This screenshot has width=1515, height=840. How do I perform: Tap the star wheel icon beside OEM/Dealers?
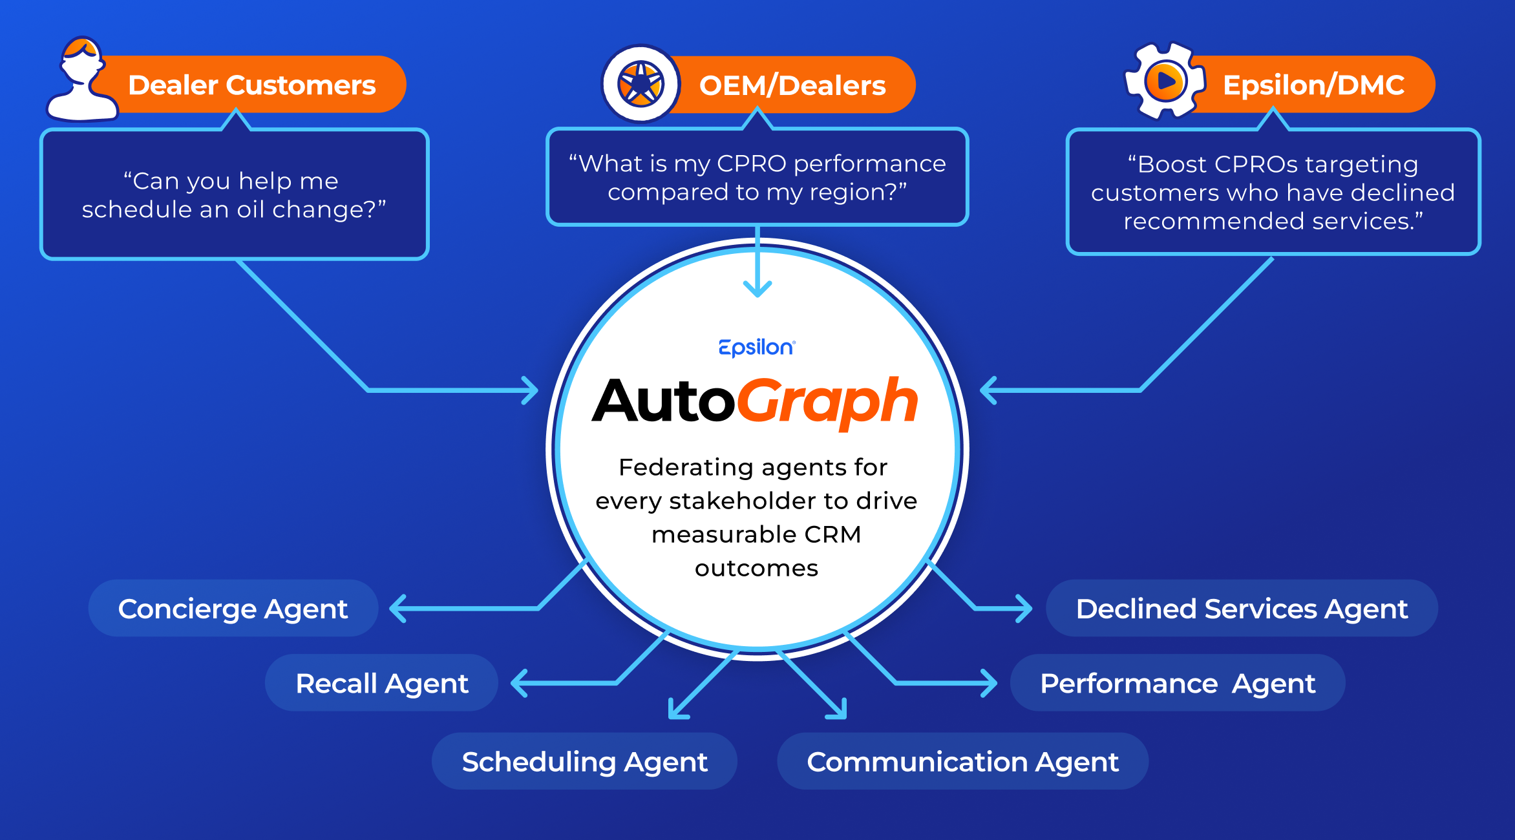point(641,84)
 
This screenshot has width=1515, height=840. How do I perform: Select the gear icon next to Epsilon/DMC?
point(1165,81)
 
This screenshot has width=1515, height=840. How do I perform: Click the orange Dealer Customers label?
point(252,85)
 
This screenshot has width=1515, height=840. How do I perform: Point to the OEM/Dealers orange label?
point(792,85)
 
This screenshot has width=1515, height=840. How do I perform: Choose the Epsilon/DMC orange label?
point(1313,85)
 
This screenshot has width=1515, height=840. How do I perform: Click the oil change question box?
point(234,194)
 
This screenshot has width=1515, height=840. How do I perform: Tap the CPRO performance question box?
point(757,178)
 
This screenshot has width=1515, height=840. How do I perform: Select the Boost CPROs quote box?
point(1273,193)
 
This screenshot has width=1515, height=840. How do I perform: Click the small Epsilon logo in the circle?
point(757,348)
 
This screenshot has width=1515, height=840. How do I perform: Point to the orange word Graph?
point(827,401)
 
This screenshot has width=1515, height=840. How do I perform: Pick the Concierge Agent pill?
point(233,609)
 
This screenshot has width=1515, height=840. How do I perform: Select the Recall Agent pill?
point(381,683)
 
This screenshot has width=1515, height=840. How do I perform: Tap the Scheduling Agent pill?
point(584,761)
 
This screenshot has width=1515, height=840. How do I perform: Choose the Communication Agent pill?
point(962,761)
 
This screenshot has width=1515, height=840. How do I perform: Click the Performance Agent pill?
point(1177,683)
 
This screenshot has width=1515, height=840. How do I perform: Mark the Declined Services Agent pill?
point(1242,609)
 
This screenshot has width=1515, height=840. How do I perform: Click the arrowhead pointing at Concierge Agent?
point(398,609)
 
